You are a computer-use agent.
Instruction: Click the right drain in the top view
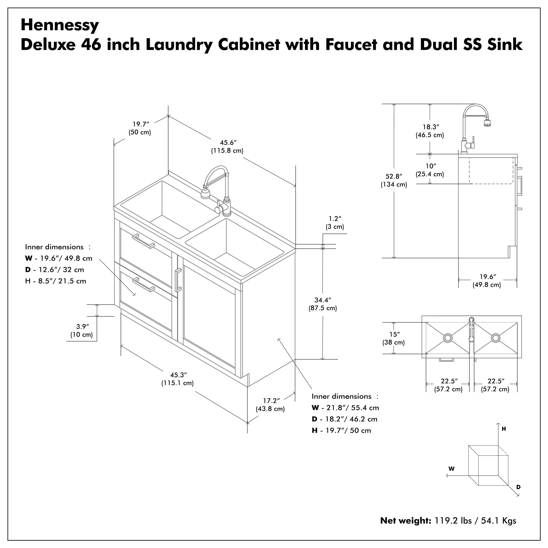tap(496, 338)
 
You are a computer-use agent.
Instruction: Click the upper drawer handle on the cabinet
tap(144, 241)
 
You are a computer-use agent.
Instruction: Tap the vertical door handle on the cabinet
tap(178, 280)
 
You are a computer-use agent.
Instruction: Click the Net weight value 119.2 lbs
tap(453, 528)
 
